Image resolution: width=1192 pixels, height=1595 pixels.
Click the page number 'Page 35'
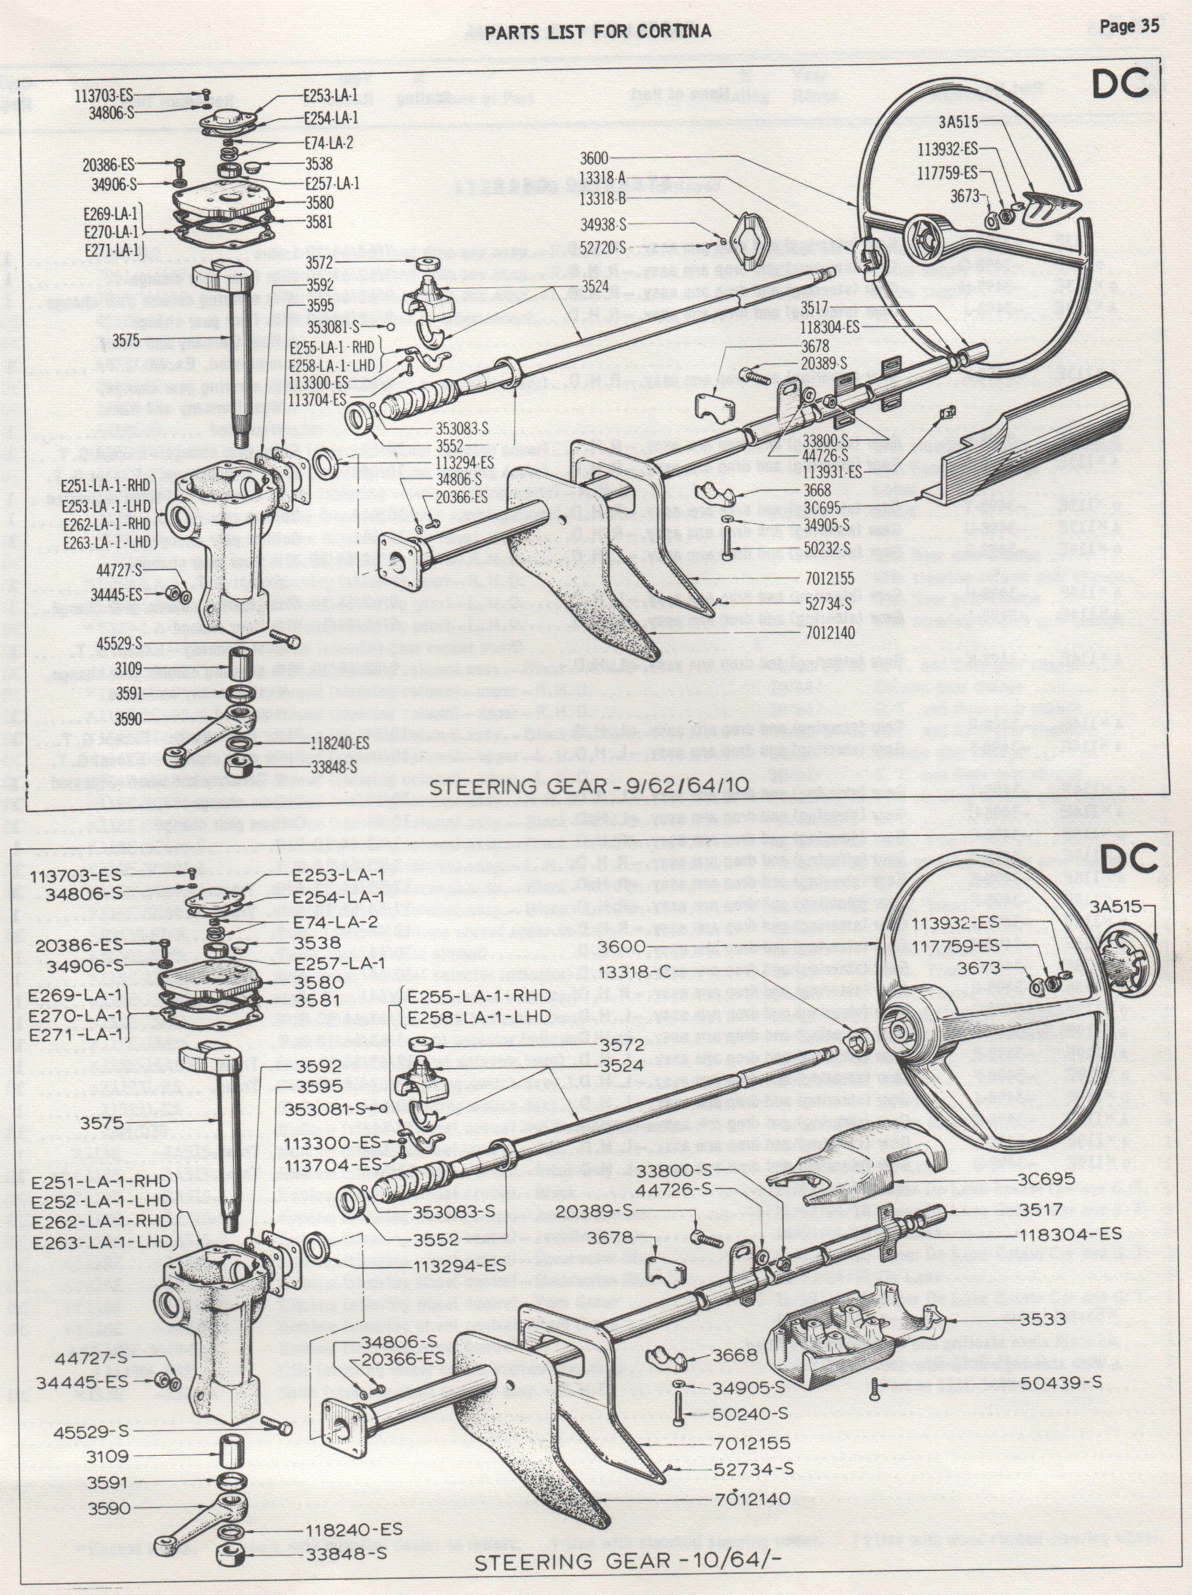click(x=1129, y=27)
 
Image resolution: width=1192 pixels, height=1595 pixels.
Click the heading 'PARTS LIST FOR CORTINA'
click(x=598, y=31)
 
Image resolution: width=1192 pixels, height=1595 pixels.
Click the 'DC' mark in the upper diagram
click(x=1119, y=85)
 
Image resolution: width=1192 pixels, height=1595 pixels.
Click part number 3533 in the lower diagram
click(x=1043, y=1319)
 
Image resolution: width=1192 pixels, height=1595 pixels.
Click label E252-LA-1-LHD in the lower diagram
click(x=102, y=1201)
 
